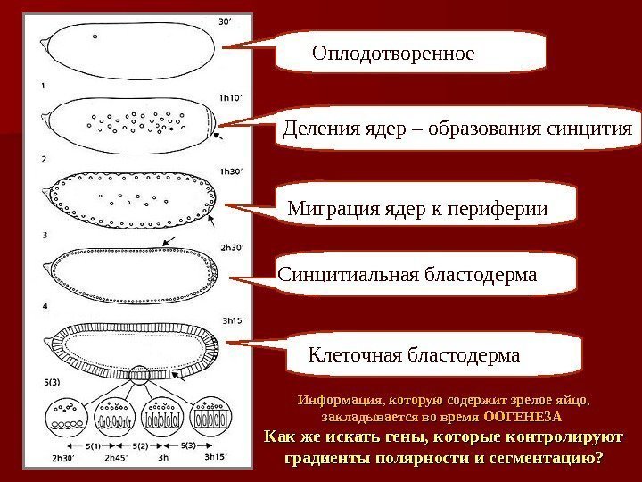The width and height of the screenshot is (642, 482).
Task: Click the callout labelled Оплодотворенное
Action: (x=392, y=54)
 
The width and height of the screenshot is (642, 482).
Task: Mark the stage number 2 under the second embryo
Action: (x=43, y=160)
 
